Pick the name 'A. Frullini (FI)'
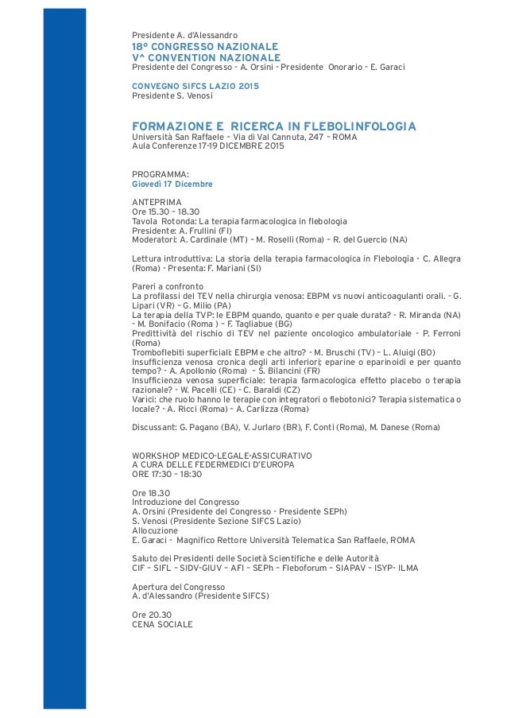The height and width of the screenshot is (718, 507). coord(207,229)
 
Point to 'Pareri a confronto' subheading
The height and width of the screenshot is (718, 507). coord(168,286)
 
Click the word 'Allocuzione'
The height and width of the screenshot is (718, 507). coord(155,531)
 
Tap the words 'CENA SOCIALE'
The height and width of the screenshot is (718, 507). coord(162,624)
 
